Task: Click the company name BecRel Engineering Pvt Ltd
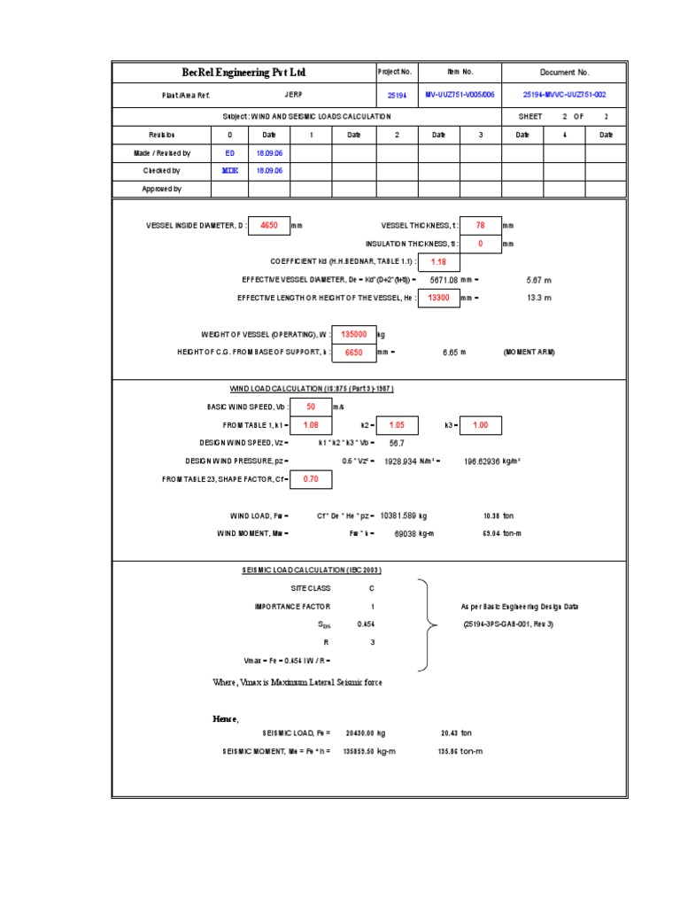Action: [x=243, y=73]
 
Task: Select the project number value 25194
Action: [x=398, y=95]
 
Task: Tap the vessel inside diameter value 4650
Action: [x=268, y=226]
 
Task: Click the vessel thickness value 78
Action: [x=481, y=226]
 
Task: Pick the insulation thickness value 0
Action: [x=481, y=244]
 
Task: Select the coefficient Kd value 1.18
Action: [x=438, y=262]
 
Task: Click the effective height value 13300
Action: [x=438, y=298]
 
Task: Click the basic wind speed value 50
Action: [x=311, y=407]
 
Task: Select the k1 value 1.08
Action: [x=311, y=425]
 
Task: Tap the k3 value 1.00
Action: [x=481, y=425]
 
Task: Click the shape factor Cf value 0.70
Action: [x=311, y=479]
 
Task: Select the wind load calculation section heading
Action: [x=311, y=389]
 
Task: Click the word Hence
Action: [x=226, y=717]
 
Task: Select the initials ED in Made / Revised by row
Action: [x=230, y=153]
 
